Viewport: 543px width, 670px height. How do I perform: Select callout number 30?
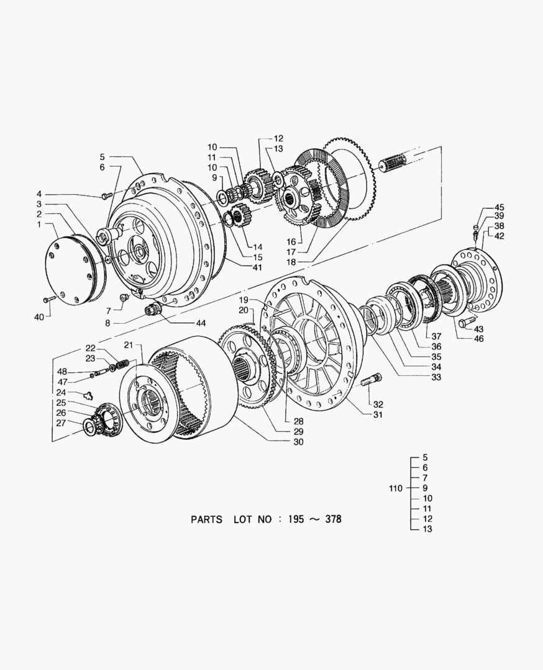pos(298,442)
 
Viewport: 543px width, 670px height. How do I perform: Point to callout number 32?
pos(378,404)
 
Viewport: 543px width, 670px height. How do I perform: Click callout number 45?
pos(499,208)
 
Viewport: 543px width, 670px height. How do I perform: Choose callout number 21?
pos(129,345)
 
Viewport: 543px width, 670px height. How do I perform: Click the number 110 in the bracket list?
pos(396,488)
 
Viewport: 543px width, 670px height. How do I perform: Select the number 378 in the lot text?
pos(332,519)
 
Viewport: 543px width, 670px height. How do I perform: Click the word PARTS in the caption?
pos(206,520)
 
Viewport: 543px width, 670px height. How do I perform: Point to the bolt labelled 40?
pos(50,300)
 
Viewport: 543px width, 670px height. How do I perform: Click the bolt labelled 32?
pos(371,379)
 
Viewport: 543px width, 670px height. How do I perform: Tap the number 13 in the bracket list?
pos(427,529)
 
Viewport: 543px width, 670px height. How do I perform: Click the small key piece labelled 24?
pos(88,393)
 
